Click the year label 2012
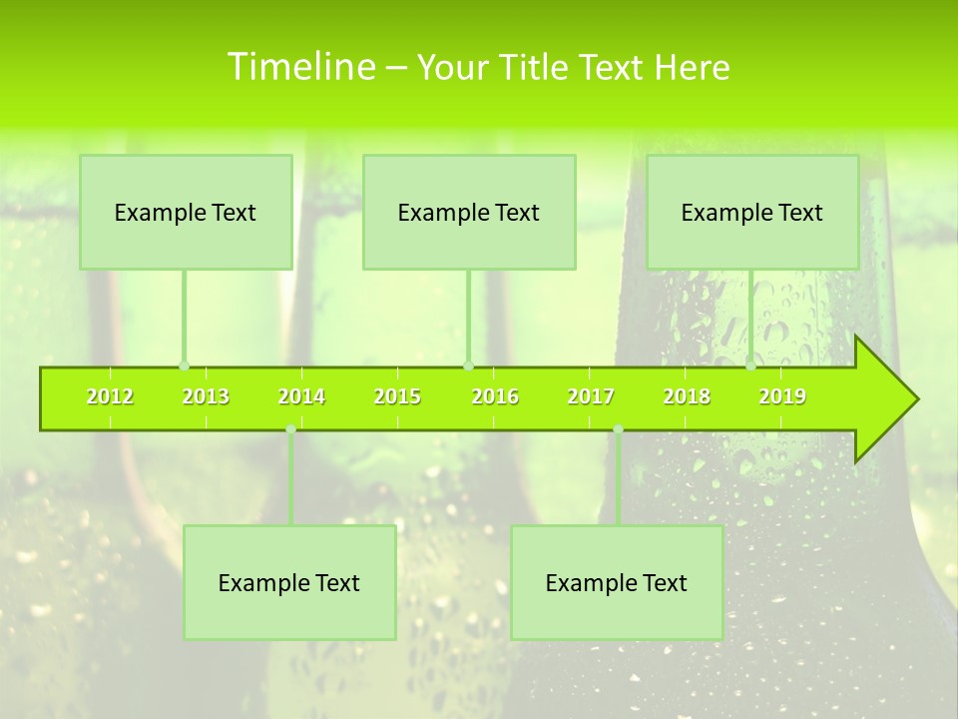coord(110,397)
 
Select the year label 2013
coord(206,397)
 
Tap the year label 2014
coord(301,397)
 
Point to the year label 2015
coord(397,397)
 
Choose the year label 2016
coord(495,397)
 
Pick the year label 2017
coord(591,397)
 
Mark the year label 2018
coord(687,397)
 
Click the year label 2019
coord(782,397)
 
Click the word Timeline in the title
coord(300,67)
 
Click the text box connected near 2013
coord(186,213)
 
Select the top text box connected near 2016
coord(469,213)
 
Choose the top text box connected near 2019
coord(752,213)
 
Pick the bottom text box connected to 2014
coord(289,583)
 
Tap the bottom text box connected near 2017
coord(617,583)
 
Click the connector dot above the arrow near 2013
coord(184,365)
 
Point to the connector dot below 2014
coord(290,429)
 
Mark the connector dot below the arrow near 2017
coord(618,429)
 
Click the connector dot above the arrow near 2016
coord(468,365)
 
